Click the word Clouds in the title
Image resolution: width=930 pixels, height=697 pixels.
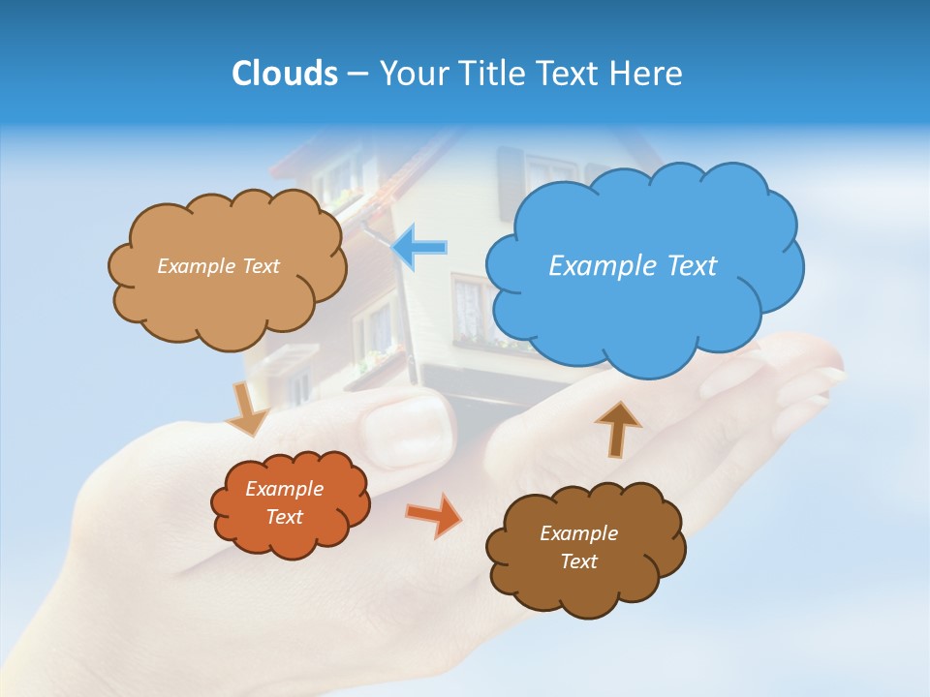pyautogui.click(x=284, y=73)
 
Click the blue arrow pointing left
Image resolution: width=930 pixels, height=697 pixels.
pyautogui.click(x=420, y=247)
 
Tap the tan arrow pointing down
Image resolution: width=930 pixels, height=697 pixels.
pyautogui.click(x=248, y=410)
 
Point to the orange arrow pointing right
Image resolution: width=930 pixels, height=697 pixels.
pyautogui.click(x=433, y=515)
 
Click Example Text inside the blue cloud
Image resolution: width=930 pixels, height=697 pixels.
pyautogui.click(x=633, y=265)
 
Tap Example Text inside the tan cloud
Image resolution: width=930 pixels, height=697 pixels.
pyautogui.click(x=218, y=265)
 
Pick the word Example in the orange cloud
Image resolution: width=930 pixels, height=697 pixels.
pyautogui.click(x=284, y=489)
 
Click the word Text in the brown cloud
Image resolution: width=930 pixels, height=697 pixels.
pyautogui.click(x=578, y=561)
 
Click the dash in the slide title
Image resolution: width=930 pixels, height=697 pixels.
pyautogui.click(x=357, y=75)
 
